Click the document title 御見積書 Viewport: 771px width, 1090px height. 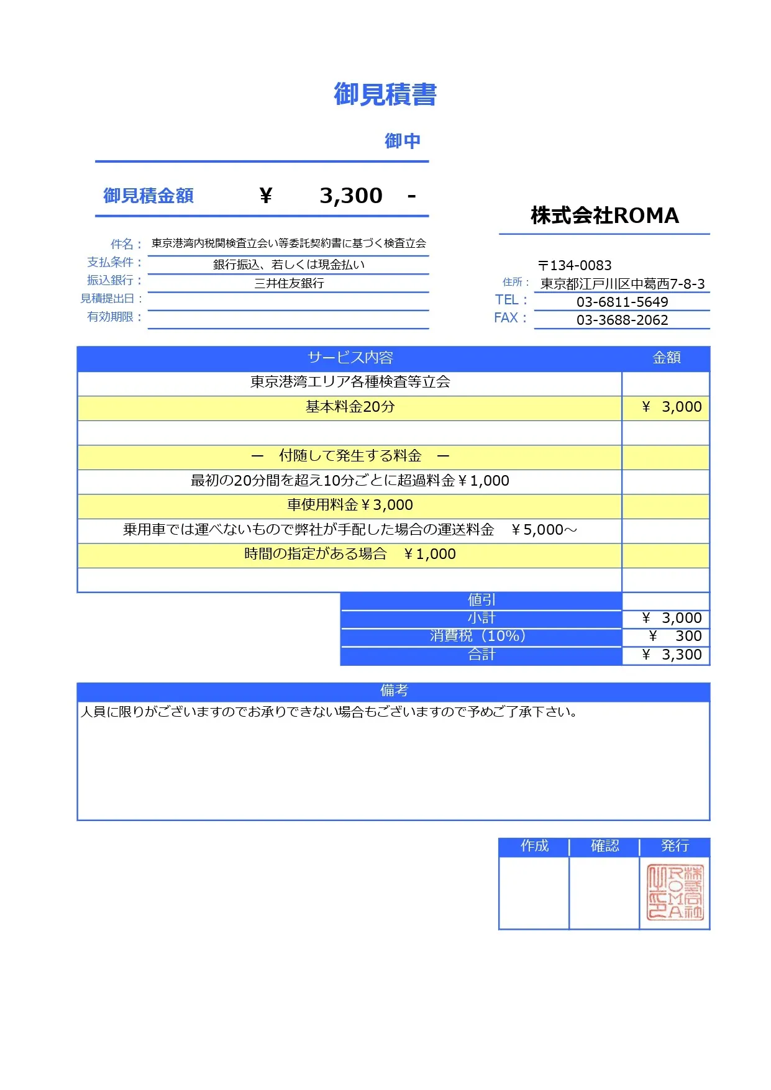point(385,95)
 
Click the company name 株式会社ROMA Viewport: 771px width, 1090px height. point(604,216)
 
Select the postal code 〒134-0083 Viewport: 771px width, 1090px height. point(575,266)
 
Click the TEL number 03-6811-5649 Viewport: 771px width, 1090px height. point(622,302)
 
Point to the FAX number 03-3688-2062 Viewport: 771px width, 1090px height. point(622,320)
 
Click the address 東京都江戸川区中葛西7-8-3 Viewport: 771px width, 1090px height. point(622,284)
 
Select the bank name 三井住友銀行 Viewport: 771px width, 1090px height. point(289,284)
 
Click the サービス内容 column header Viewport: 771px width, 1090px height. point(350,358)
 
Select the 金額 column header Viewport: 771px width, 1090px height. point(666,358)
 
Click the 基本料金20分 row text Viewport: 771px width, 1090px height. point(350,407)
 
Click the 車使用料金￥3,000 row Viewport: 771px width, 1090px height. point(350,506)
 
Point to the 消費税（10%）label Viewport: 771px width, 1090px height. point(481,636)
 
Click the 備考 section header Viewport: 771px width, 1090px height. point(393,691)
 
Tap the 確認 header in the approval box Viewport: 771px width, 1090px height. point(604,846)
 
